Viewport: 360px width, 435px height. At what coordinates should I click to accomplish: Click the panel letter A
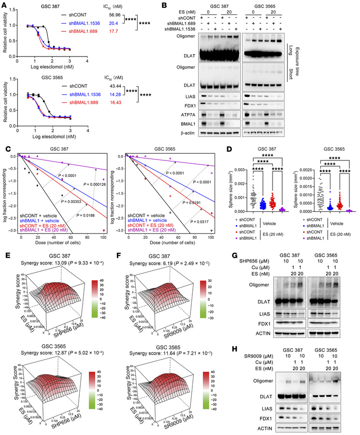tap(4, 4)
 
